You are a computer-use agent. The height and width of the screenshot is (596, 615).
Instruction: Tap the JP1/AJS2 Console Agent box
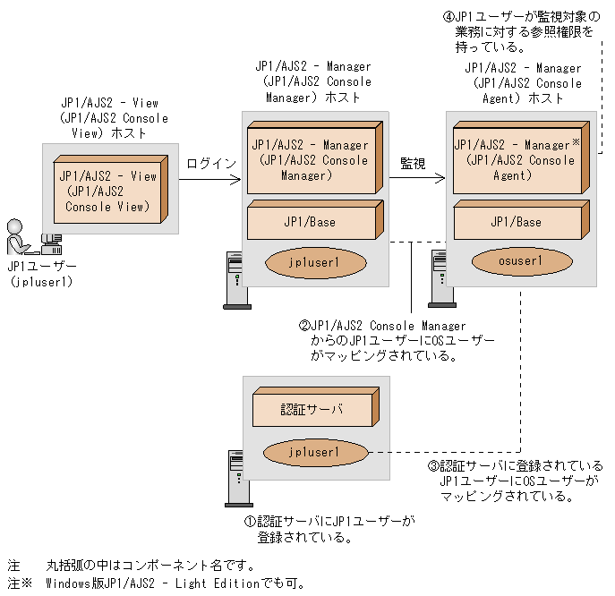[515, 160]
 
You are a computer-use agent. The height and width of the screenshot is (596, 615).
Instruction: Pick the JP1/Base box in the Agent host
[516, 221]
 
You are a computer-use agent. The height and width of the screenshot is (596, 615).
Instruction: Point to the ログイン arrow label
[211, 164]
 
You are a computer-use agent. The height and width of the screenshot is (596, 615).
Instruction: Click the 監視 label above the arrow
[413, 164]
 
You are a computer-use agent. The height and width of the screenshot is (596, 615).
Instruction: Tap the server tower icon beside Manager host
[233, 280]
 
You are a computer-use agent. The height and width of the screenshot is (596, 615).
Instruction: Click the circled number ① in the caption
[250, 521]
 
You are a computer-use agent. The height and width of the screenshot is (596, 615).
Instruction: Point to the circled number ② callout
[304, 326]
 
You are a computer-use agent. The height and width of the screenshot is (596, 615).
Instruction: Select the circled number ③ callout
[433, 467]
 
